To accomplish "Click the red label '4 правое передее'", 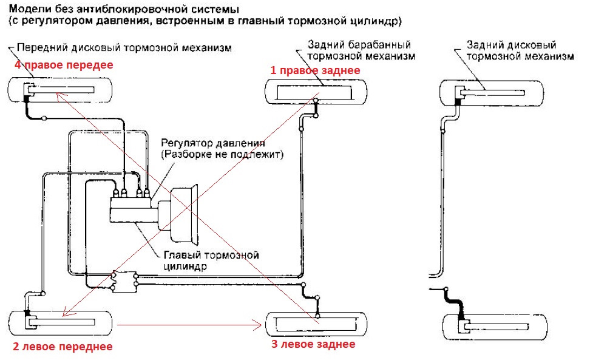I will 60,64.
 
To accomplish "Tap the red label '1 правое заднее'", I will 315,70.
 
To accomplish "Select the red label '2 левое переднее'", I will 63,347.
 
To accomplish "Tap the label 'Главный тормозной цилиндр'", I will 211,260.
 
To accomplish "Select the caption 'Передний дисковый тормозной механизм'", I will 124,47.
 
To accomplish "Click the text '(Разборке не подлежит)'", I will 222,155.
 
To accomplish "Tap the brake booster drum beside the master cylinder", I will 187,210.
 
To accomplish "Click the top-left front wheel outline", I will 60,90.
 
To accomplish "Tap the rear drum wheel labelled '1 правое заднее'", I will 314,92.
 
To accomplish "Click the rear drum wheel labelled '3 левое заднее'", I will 314,322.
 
